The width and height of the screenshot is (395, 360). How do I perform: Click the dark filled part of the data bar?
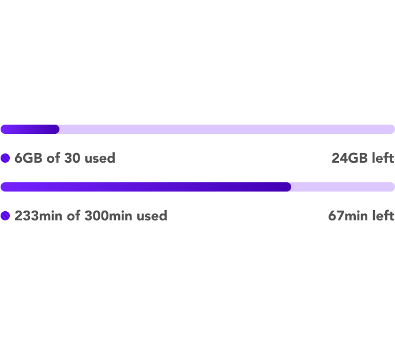point(30,129)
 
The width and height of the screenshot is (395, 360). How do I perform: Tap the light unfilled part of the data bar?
point(227,129)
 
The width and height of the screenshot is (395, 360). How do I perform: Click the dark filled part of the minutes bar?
point(146,187)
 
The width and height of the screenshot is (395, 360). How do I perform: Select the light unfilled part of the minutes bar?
point(343,187)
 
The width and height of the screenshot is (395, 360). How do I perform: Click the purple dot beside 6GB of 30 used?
point(5,158)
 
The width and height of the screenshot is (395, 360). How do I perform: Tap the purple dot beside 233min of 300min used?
point(5,216)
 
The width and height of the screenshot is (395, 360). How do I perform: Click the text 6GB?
point(28,158)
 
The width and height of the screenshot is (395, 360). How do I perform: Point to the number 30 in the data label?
point(72,158)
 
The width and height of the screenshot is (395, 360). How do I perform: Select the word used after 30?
point(100,158)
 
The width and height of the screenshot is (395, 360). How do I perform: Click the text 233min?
point(38,216)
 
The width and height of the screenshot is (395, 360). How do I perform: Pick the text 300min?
point(108,216)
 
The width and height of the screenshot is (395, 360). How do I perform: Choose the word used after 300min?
point(152,216)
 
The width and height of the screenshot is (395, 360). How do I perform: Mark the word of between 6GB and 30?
point(54,158)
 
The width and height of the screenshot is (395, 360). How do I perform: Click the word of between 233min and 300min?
point(74,216)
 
